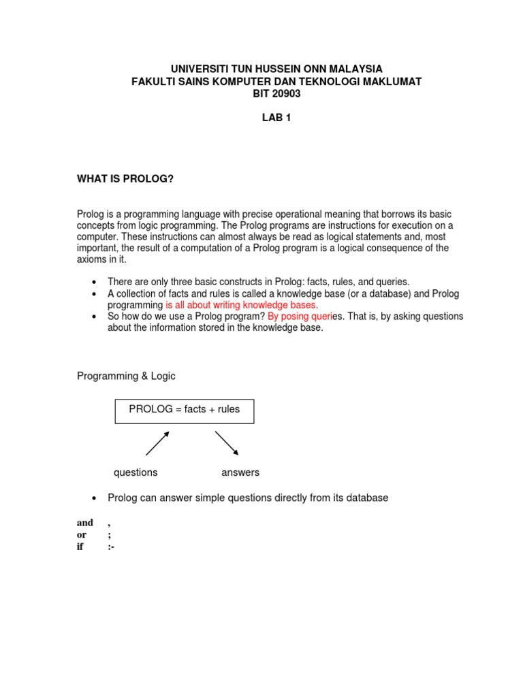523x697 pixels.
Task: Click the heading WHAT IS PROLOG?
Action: (125, 178)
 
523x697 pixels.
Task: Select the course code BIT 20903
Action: (276, 94)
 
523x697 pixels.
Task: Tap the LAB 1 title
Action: (276, 118)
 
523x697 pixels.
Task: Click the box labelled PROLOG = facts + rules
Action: (185, 411)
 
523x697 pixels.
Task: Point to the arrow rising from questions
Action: (157, 443)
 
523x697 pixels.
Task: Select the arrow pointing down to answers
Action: (227, 442)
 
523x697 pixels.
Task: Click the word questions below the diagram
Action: (136, 472)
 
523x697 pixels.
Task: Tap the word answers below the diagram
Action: (240, 472)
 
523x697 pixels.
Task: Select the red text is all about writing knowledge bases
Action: (240, 305)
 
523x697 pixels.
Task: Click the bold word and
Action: (85, 523)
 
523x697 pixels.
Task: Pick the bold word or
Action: (82, 535)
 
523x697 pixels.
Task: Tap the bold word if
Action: (80, 547)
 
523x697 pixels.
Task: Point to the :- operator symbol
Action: (111, 547)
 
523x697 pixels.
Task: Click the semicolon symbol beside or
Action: (109, 535)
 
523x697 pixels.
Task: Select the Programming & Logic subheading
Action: (126, 376)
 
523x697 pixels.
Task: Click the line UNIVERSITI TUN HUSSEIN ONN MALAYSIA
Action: (276, 69)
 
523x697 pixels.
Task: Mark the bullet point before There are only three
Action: (94, 282)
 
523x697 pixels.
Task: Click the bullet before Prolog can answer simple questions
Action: (94, 498)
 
